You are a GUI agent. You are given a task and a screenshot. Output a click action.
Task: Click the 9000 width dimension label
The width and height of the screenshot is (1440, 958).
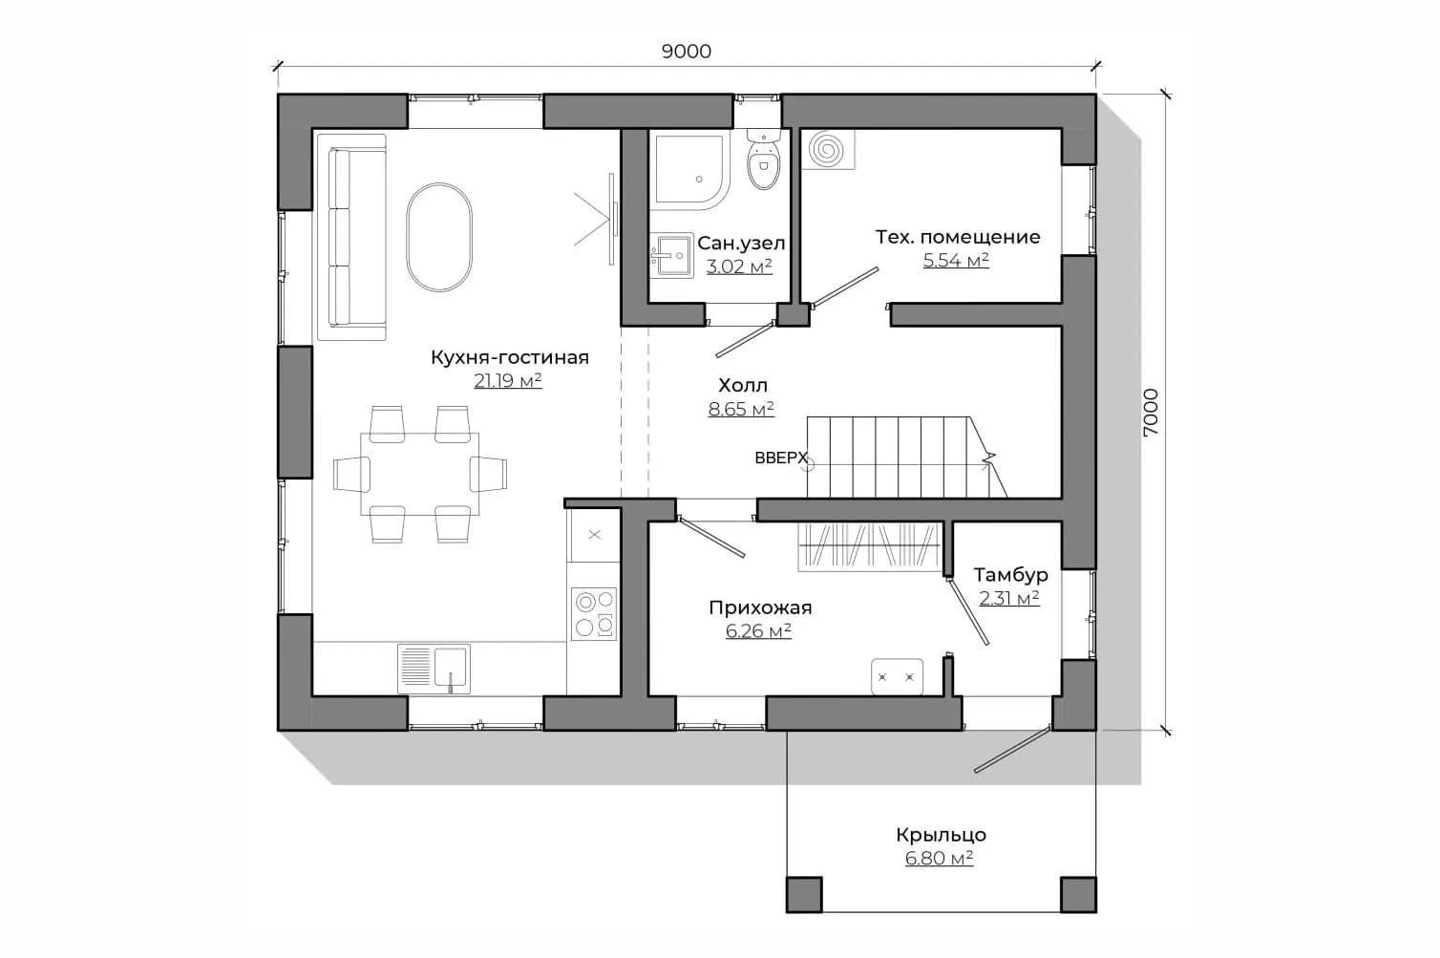(686, 52)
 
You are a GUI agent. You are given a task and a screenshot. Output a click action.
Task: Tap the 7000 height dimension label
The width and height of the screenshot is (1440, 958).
(1150, 413)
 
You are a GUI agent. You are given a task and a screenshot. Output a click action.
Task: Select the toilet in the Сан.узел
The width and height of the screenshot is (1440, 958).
(764, 159)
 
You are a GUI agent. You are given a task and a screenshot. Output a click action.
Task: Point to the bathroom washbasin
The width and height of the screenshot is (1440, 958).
(671, 255)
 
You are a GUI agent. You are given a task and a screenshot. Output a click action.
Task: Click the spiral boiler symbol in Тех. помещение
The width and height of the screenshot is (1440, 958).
(828, 150)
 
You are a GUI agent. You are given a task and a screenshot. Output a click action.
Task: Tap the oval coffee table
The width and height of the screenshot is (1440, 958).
(439, 237)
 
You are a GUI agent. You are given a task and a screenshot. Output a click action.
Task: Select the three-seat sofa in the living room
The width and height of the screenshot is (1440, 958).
(351, 237)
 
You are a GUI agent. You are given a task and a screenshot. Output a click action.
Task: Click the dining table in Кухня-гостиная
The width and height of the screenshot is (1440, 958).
(420, 475)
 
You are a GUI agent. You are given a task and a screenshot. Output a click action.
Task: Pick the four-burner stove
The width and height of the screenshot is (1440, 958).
(594, 614)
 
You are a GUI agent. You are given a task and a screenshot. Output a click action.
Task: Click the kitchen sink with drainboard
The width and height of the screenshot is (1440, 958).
(434, 669)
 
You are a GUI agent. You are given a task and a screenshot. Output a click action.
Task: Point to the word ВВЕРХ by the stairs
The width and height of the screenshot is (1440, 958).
(780, 458)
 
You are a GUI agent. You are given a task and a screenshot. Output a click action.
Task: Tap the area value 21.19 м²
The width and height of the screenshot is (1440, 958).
(508, 381)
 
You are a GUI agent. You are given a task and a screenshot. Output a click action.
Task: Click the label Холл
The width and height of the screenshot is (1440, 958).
(743, 385)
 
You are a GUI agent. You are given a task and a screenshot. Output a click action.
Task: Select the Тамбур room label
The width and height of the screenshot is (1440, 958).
(1010, 574)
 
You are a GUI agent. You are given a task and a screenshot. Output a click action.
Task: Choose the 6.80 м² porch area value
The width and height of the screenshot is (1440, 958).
(940, 859)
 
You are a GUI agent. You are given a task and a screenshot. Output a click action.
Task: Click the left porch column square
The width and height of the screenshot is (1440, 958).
(804, 894)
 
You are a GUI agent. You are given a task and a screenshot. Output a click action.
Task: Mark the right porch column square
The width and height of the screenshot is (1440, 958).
(1078, 894)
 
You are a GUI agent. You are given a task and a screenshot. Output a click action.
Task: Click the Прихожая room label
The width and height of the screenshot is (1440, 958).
(760, 607)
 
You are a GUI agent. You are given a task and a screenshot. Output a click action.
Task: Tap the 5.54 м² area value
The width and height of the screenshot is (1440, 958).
(956, 261)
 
